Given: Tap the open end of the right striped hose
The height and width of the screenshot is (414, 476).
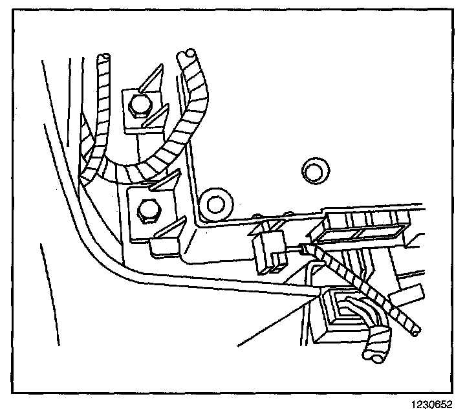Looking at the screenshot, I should click(x=189, y=51).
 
